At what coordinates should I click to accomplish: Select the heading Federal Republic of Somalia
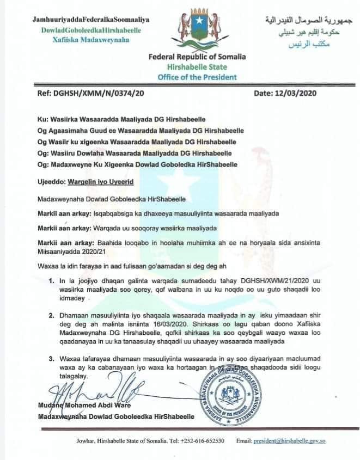pyautogui.click(x=197, y=57)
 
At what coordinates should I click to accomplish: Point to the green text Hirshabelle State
pyautogui.click(x=197, y=67)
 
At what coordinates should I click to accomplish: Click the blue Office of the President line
pyautogui.click(x=197, y=77)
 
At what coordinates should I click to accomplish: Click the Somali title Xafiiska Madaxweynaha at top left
pyautogui.click(x=76, y=40)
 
